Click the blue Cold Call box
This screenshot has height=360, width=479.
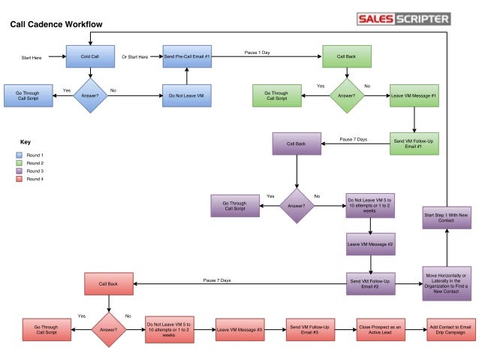coord(90,57)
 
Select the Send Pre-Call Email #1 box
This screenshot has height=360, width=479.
coord(187,57)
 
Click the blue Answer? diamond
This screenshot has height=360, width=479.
coord(90,96)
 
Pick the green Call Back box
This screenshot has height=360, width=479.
coord(346,57)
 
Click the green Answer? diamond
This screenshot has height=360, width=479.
coord(346,96)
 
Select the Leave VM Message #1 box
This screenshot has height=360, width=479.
coord(414,96)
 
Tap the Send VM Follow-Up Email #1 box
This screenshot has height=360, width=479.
coord(414,143)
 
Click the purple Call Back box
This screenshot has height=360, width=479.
coord(297,143)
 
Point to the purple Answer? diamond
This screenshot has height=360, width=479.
coord(297,204)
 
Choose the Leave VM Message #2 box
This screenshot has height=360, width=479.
coord(370,244)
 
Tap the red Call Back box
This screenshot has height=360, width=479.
coord(110,284)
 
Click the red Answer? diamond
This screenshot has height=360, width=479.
coord(110,328)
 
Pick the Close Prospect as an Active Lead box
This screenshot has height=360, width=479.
coord(380,328)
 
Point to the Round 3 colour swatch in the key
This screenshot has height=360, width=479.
coord(20,171)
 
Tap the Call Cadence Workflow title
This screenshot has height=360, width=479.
coord(56,25)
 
